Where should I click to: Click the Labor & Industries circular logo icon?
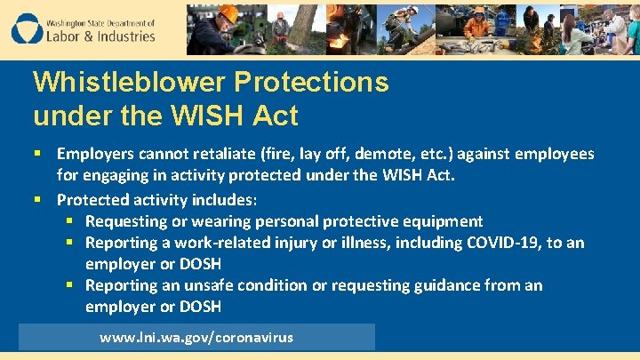(x=28, y=29)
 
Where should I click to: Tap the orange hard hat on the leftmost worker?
(x=228, y=14)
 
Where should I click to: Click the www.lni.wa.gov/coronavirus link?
(x=196, y=338)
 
